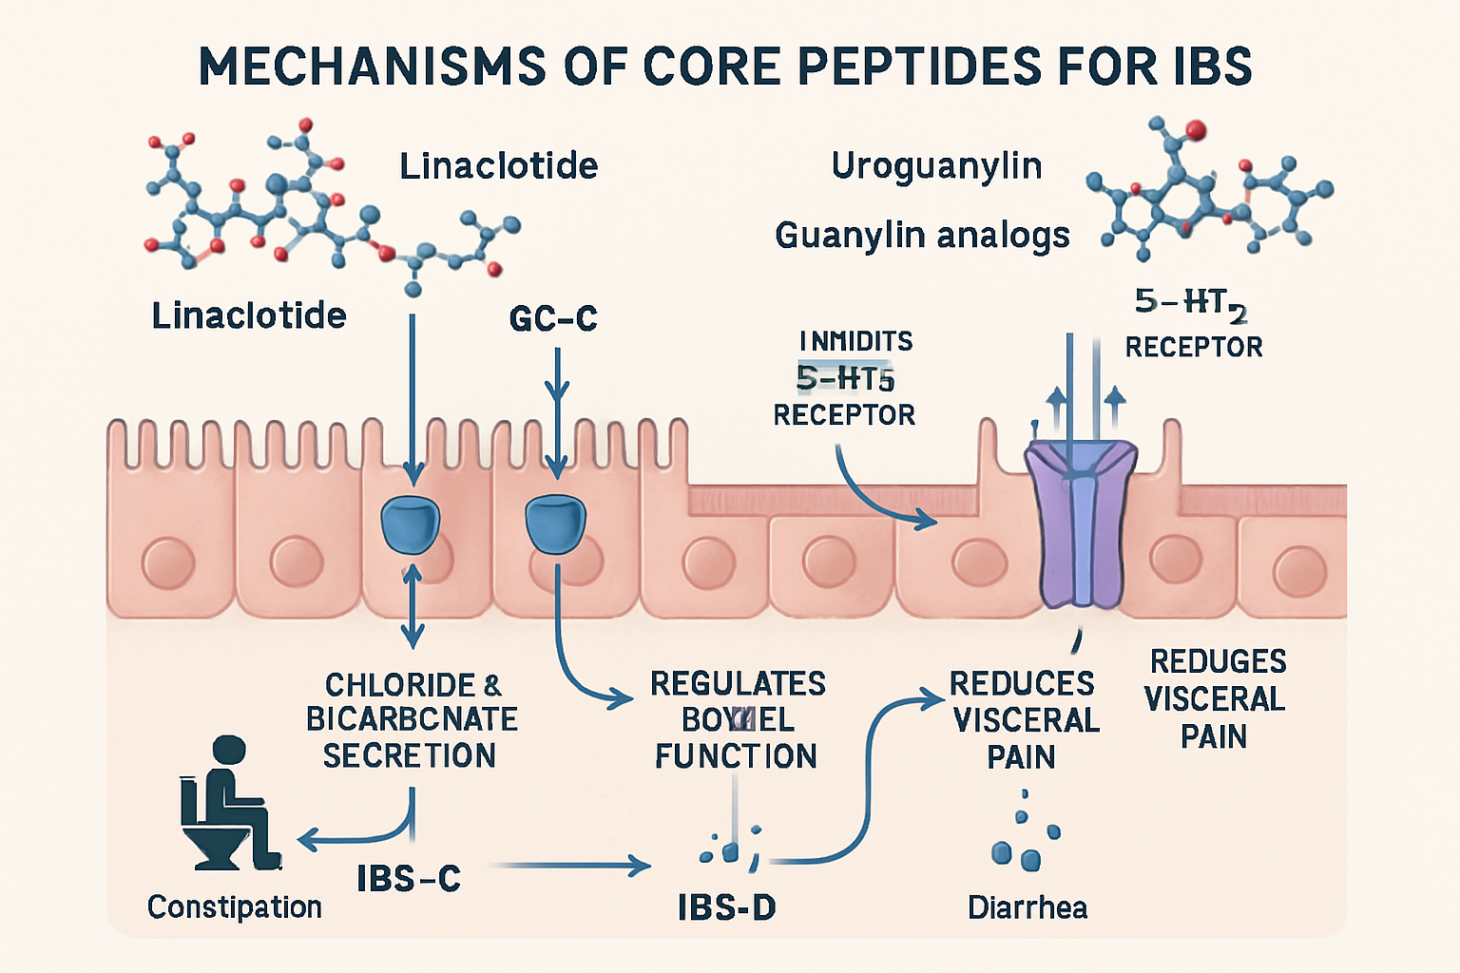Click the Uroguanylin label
click(936, 166)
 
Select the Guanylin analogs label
click(922, 235)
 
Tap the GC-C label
click(553, 319)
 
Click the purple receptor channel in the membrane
click(1081, 523)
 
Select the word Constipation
click(234, 907)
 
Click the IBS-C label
click(409, 879)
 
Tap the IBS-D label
click(726, 908)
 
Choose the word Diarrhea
click(1027, 907)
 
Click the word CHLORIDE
click(400, 685)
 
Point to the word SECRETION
click(409, 756)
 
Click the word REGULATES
click(738, 684)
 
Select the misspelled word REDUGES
click(1218, 661)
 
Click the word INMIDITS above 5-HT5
click(855, 341)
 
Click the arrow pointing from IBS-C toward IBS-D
click(570, 866)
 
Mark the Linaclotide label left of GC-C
click(249, 315)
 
